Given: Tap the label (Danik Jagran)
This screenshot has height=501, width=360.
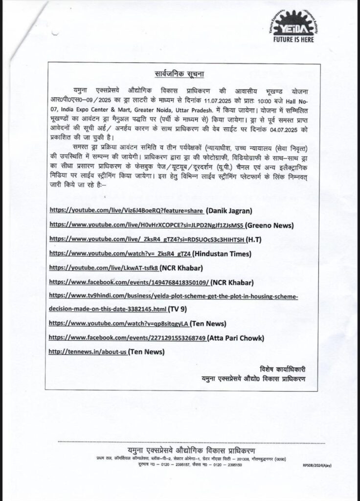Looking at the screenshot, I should point(229,211).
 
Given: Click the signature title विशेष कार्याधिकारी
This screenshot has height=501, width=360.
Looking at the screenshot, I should point(282,368).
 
